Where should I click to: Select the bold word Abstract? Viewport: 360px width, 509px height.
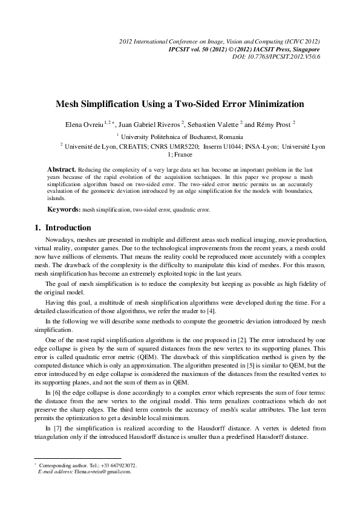(61, 167)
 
